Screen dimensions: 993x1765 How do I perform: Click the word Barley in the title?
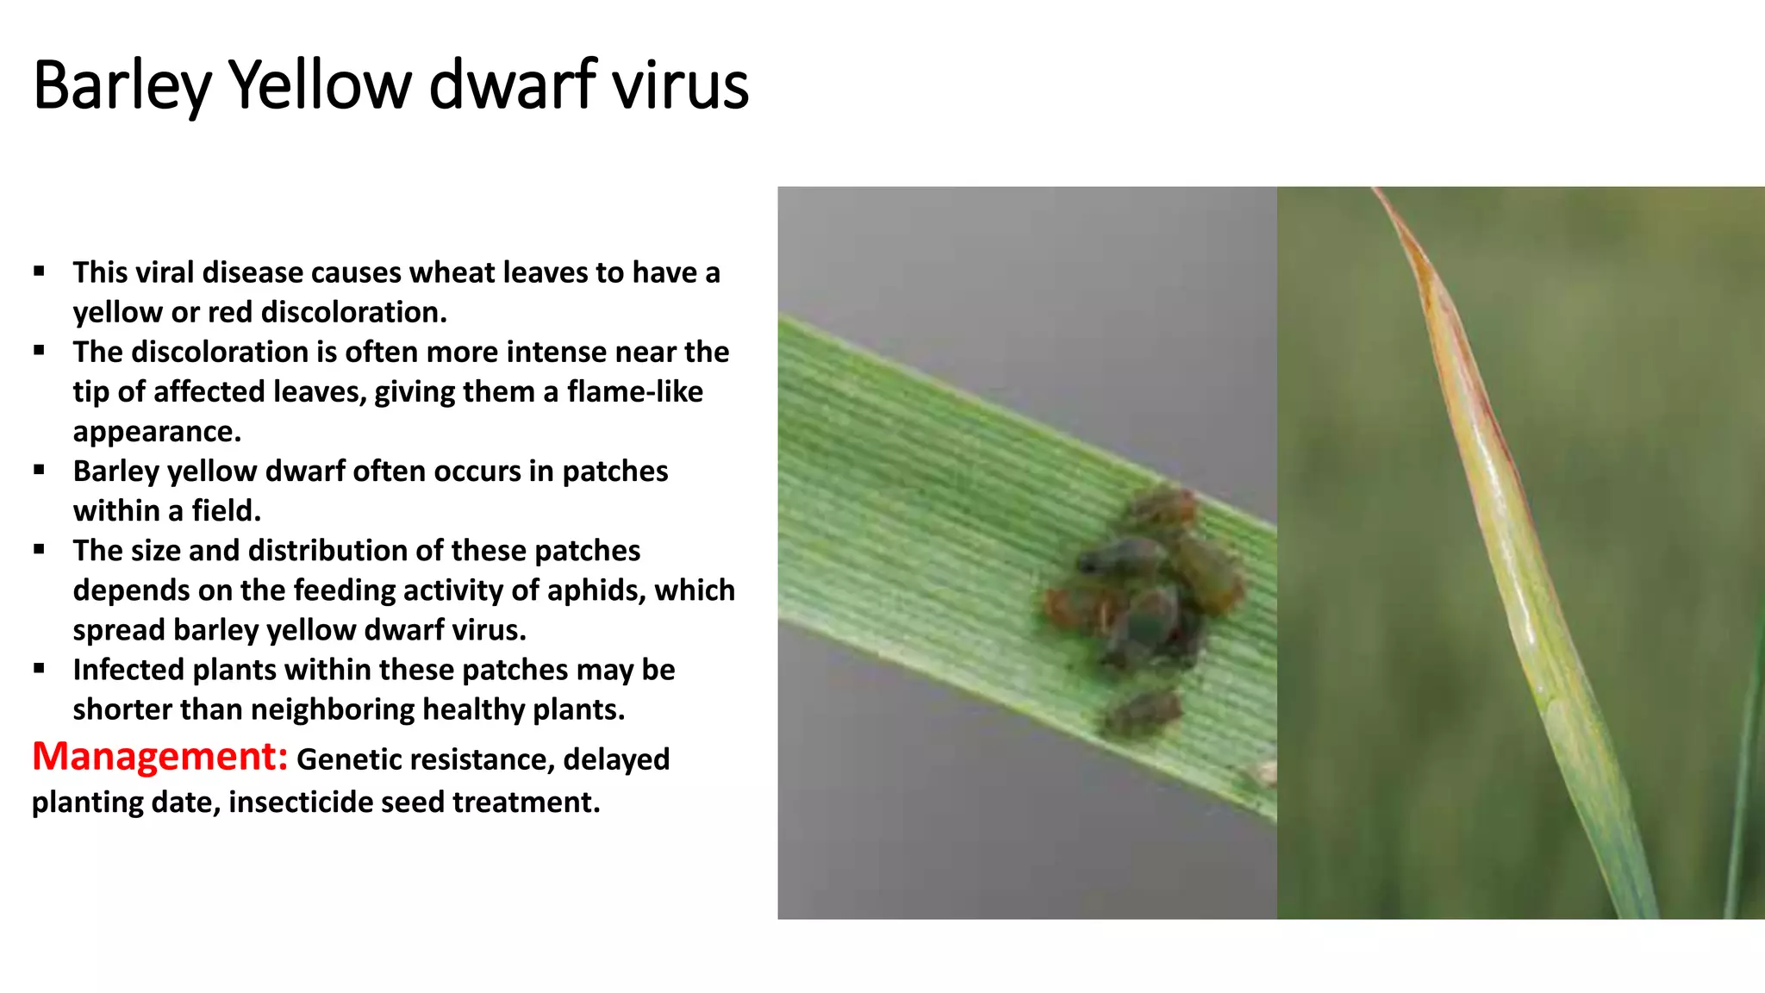pos(122,86)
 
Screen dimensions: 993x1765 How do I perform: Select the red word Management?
pos(159,757)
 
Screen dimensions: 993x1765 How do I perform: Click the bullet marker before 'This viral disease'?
pos(40,272)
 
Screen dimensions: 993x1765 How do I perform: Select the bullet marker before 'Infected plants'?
pos(40,669)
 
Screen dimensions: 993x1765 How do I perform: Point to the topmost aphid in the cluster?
pos(1163,504)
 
